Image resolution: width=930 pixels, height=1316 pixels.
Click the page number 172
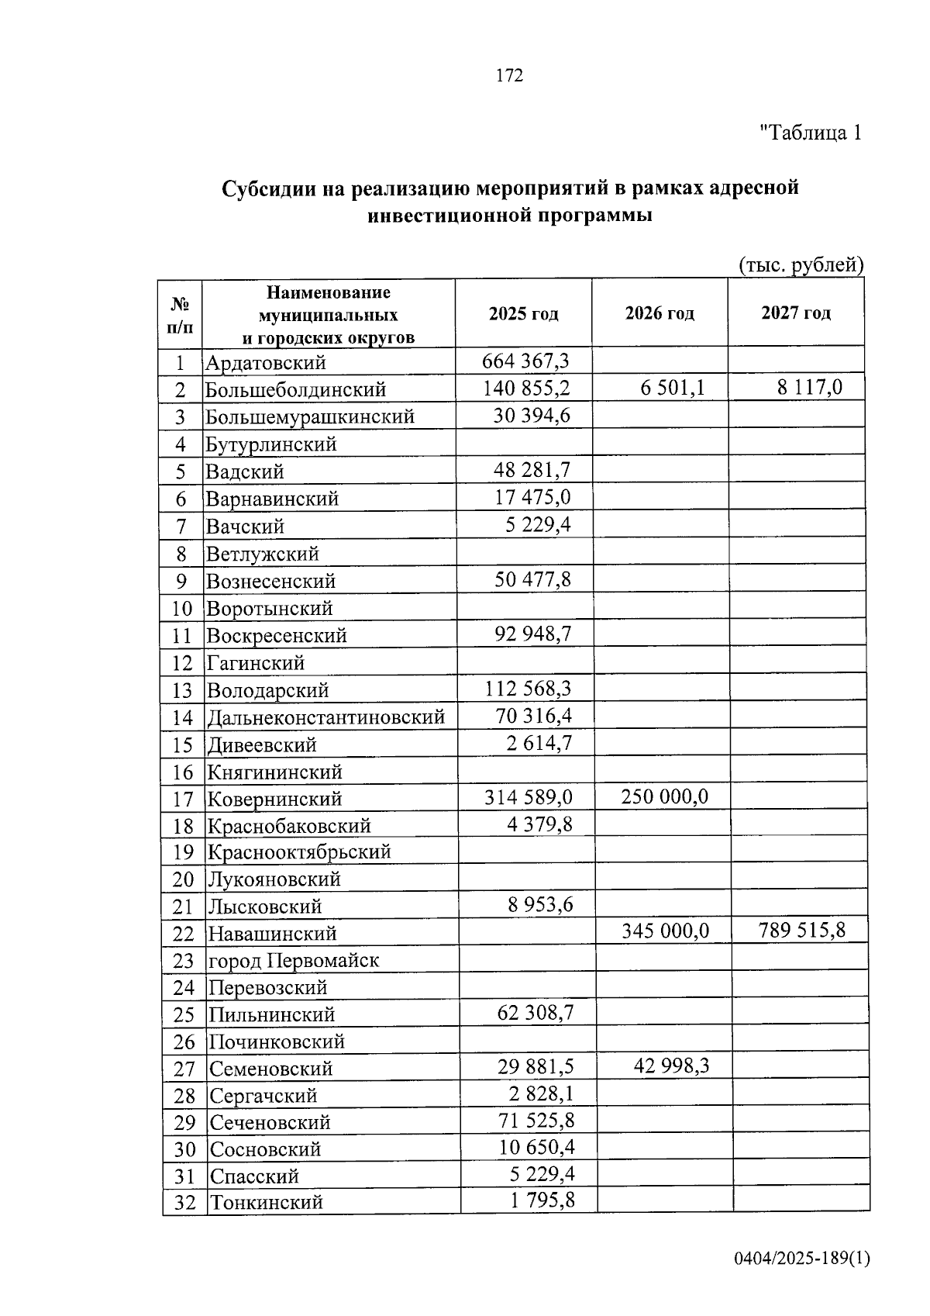click(x=509, y=76)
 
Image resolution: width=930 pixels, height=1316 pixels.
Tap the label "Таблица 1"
click(x=811, y=133)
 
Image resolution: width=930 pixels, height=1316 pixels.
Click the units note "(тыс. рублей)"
click(x=801, y=265)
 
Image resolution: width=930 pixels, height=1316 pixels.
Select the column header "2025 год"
click(x=524, y=314)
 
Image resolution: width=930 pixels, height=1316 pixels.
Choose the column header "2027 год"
click(x=796, y=313)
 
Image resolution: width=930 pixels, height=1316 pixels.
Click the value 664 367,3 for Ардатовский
click(x=525, y=361)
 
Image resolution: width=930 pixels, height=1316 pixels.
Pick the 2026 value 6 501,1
click(x=673, y=388)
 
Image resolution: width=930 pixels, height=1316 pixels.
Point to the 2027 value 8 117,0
click(x=810, y=388)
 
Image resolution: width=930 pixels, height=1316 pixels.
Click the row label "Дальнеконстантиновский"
click(x=325, y=717)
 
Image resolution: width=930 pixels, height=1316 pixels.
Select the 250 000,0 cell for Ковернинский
click(x=665, y=797)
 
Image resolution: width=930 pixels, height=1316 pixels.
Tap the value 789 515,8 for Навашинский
click(x=802, y=931)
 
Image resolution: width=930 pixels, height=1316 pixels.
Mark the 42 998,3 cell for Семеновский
click(x=671, y=1066)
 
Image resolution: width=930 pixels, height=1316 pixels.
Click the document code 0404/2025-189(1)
click(x=802, y=1259)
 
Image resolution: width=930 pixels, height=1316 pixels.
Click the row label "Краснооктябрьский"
click(x=299, y=852)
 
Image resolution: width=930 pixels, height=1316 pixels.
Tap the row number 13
click(x=182, y=691)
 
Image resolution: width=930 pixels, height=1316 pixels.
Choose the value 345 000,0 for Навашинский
click(x=665, y=931)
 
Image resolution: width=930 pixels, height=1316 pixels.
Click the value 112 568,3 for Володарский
click(x=528, y=689)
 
